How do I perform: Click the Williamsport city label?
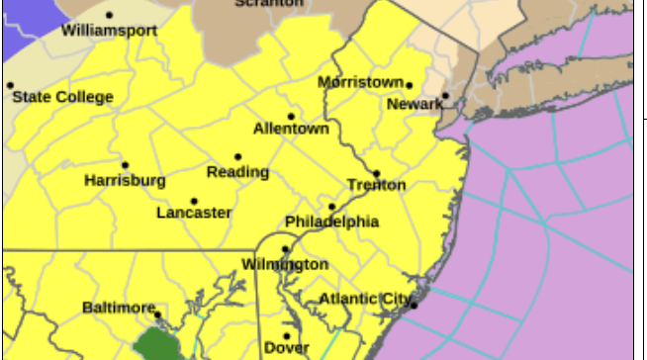click(x=109, y=31)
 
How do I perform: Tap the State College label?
click(x=63, y=97)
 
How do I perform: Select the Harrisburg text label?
click(x=125, y=181)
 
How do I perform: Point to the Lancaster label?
click(x=194, y=213)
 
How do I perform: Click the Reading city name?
click(x=237, y=172)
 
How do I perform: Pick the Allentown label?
click(x=290, y=129)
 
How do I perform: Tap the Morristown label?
click(x=360, y=82)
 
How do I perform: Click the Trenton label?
click(x=376, y=185)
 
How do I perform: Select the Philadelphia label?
click(x=331, y=222)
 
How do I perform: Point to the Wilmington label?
click(x=285, y=264)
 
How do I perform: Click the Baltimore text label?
click(x=119, y=307)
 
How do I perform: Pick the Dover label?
click(x=286, y=347)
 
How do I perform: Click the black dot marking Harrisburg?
click(x=125, y=165)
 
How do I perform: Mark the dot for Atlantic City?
click(x=414, y=305)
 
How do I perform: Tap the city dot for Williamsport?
click(x=109, y=15)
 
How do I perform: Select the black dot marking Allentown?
click(x=291, y=116)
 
